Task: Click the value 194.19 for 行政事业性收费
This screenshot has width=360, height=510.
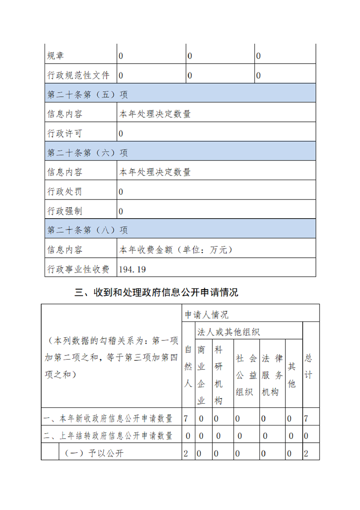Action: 132,270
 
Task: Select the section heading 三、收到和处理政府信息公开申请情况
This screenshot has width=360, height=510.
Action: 156,293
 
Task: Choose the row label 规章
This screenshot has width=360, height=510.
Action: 56,56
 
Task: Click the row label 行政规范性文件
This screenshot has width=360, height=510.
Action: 78,75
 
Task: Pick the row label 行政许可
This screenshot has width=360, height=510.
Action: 65,134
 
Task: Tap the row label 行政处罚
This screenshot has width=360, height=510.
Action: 65,192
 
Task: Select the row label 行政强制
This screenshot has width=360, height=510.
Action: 65,211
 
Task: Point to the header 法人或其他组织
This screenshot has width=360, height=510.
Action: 228,332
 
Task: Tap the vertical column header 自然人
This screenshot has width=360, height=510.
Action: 188,366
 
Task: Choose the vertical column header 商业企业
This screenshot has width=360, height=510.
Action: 201,375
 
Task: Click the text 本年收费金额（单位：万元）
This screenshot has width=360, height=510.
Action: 176,250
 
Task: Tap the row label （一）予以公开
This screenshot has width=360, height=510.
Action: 94,453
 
